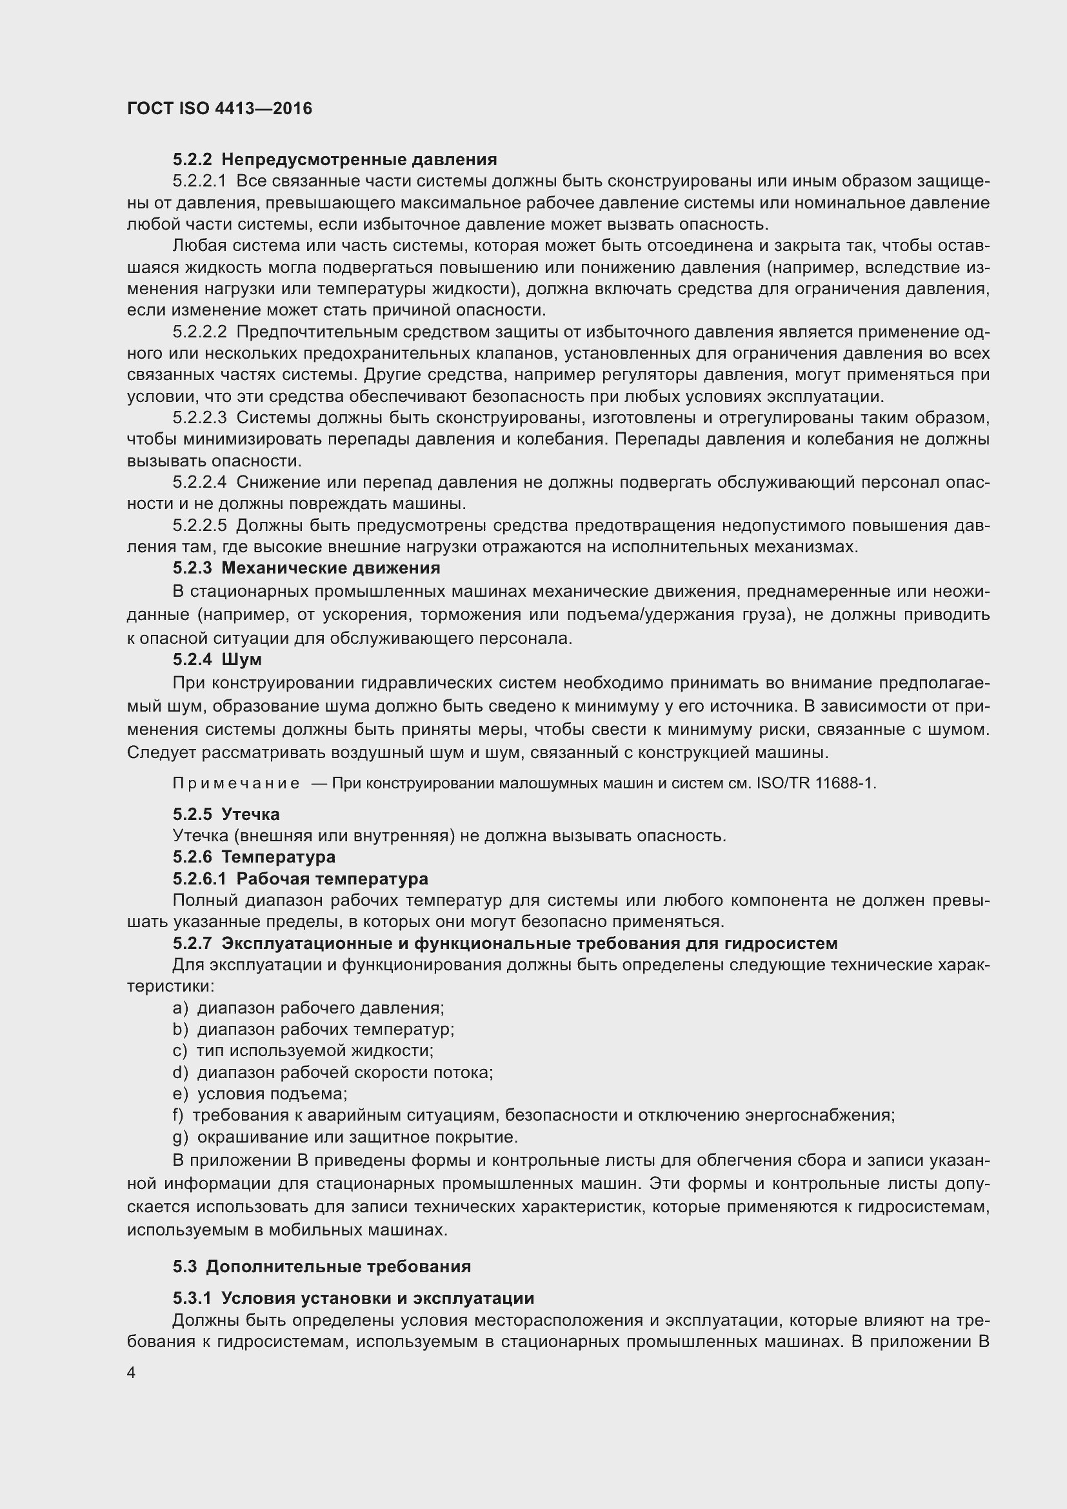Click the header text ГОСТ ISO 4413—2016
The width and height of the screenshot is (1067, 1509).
tap(219, 108)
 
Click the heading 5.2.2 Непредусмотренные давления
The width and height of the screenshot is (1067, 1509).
tap(334, 159)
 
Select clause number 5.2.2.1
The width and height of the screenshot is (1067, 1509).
tap(199, 181)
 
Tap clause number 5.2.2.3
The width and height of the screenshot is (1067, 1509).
tap(199, 417)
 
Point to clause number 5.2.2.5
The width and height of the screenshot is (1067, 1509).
tap(199, 525)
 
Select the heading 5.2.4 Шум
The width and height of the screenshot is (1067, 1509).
tap(217, 659)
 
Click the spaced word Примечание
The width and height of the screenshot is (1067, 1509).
tap(236, 783)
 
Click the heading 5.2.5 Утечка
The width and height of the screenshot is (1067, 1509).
tap(226, 814)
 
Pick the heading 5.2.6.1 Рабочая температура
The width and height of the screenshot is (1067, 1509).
tap(300, 879)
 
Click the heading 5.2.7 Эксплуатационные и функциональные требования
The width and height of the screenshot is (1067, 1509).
tap(504, 943)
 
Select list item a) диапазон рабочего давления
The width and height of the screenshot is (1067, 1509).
tap(308, 1008)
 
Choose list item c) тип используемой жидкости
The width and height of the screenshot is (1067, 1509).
tap(303, 1050)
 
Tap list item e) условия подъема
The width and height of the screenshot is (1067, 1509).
tap(259, 1094)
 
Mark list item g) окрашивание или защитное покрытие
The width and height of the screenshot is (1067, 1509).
tap(345, 1136)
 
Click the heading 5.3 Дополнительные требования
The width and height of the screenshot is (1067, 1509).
tap(322, 1266)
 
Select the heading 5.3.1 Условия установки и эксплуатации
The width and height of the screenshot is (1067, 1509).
tap(353, 1298)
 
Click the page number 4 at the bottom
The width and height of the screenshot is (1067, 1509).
tap(132, 1373)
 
